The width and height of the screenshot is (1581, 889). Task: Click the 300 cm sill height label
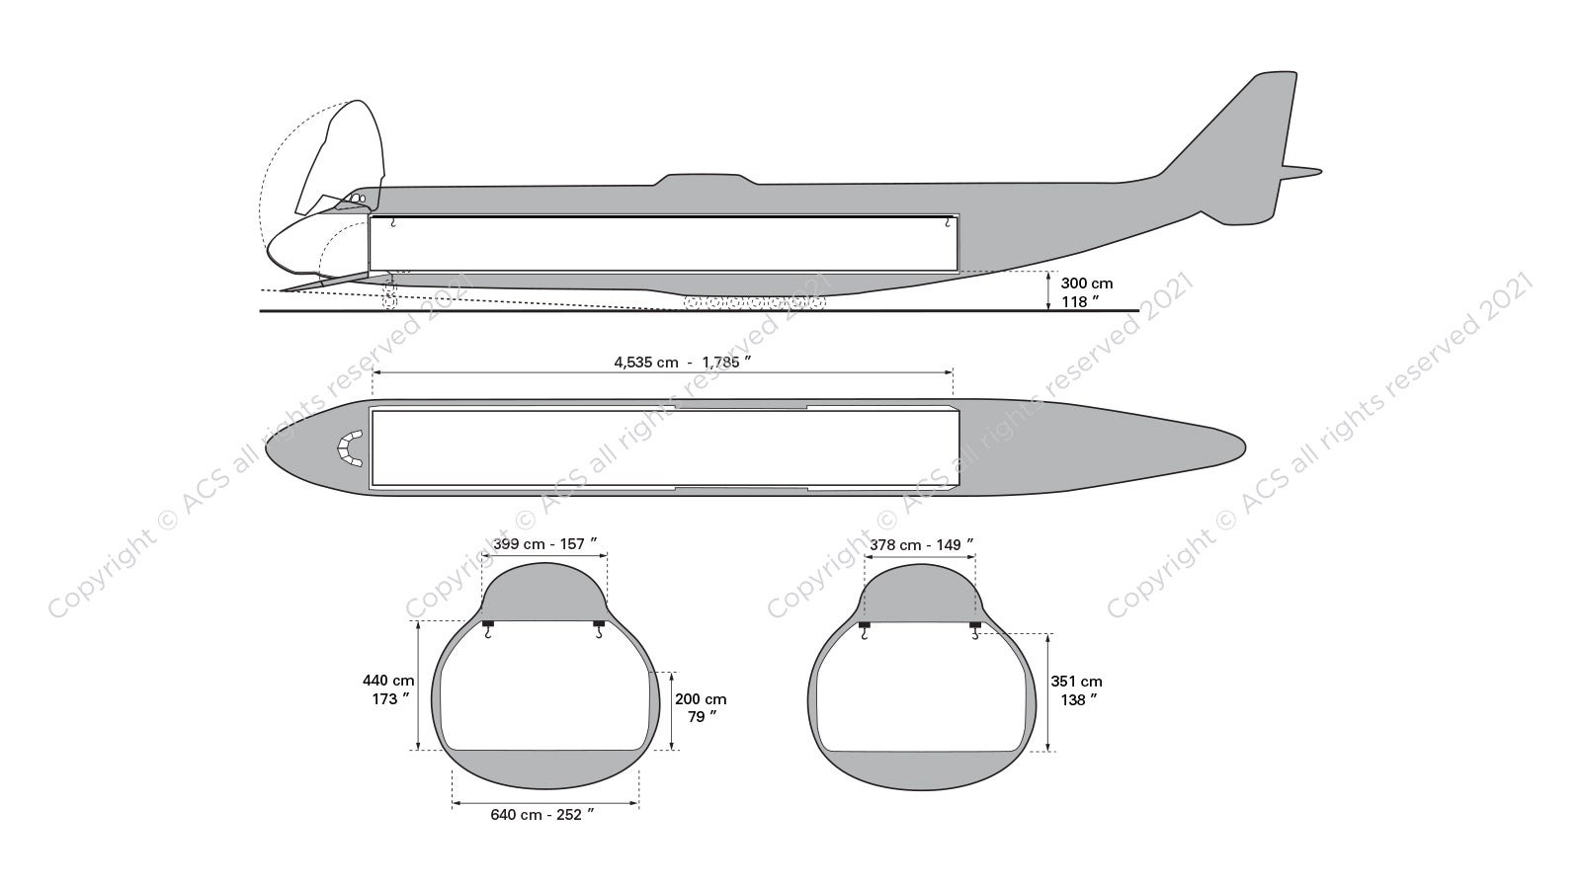(x=1086, y=291)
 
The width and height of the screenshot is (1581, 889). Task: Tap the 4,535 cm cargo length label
(x=682, y=362)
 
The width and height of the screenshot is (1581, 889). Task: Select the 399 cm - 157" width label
(x=544, y=543)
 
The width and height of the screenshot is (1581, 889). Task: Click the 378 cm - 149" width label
(x=921, y=543)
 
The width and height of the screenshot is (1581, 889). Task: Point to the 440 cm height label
(x=388, y=689)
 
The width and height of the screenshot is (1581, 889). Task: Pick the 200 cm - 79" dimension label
(x=700, y=707)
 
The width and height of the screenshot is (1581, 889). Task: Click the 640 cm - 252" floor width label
(x=542, y=815)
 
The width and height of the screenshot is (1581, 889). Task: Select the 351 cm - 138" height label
(x=1076, y=689)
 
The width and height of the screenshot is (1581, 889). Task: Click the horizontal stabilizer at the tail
(x=1302, y=172)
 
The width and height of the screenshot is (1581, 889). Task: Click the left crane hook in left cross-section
(x=487, y=630)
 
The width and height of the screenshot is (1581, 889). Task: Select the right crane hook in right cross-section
(x=974, y=630)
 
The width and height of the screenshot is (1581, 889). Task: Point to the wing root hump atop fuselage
(x=704, y=180)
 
